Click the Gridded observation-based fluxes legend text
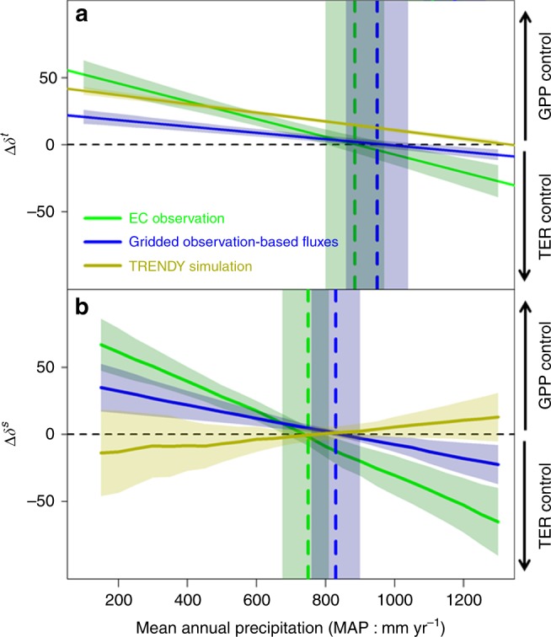click(236, 242)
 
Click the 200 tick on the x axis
click(118, 592)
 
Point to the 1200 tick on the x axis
click(463, 592)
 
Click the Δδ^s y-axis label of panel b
click(13, 435)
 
